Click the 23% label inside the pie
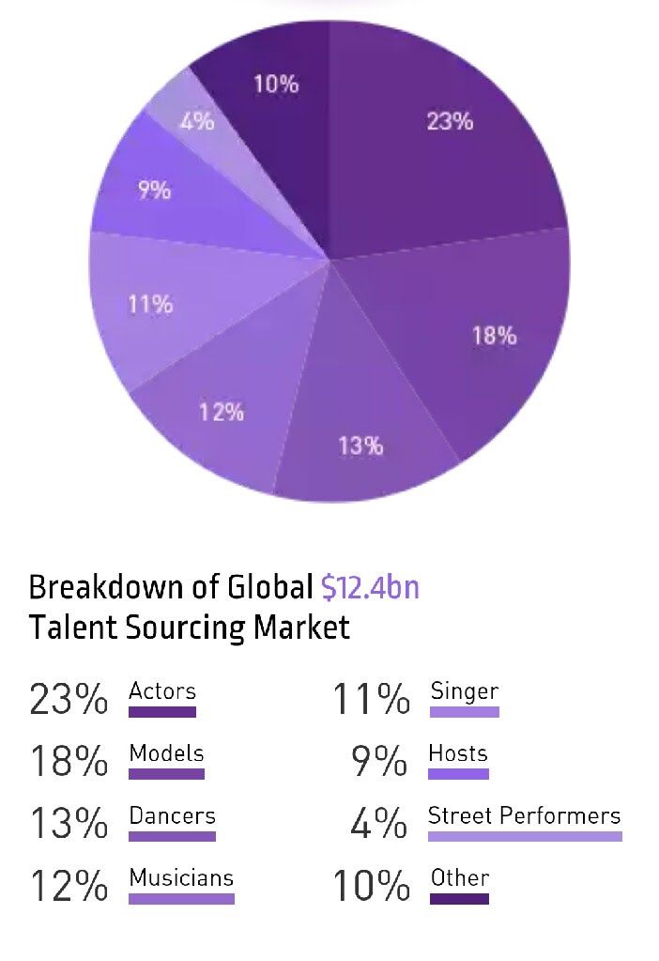point(450,121)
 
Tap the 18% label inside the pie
point(494,335)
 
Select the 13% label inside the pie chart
point(360,445)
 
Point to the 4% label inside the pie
point(197,121)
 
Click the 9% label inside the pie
point(154,191)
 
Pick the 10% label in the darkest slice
point(276,84)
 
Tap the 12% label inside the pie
point(222,411)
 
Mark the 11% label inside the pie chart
point(150,304)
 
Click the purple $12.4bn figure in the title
point(370,587)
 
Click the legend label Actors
point(162,691)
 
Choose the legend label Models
point(166,753)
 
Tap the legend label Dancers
point(172,815)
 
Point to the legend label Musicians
point(181,878)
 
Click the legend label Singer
point(464,691)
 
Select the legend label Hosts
point(458,753)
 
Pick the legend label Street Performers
point(524,815)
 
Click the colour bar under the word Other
point(459,899)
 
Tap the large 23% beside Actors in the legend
point(69,700)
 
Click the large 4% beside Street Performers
point(379,825)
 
